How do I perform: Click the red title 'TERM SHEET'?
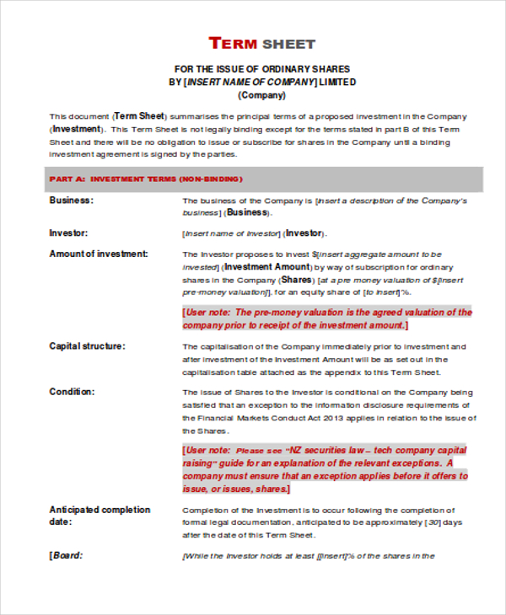pos(261,44)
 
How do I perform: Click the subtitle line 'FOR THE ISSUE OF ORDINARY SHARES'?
pos(261,68)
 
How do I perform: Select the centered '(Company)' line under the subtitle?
pos(261,95)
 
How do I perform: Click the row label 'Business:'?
pos(72,201)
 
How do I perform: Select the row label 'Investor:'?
pos(68,233)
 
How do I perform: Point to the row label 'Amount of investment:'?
pos(99,254)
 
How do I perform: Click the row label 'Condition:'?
pos(72,392)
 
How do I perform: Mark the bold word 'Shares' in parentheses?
pos(296,280)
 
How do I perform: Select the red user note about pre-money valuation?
pos(327,318)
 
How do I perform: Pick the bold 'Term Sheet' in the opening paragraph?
pos(140,115)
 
